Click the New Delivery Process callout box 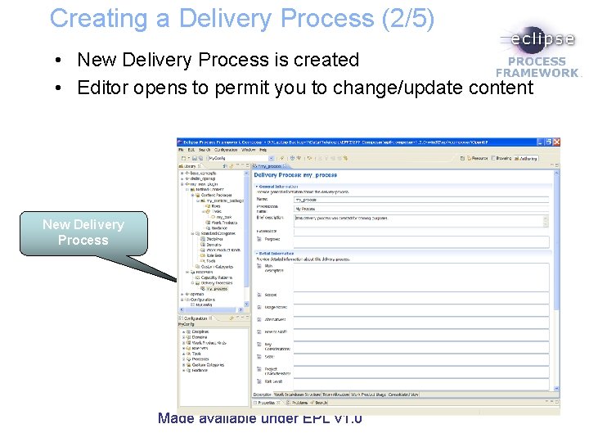[x=83, y=232]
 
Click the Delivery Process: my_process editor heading [x=296, y=175]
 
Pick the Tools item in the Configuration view [x=196, y=354]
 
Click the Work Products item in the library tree [x=224, y=223]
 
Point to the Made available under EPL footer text [x=260, y=418]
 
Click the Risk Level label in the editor [x=273, y=381]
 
